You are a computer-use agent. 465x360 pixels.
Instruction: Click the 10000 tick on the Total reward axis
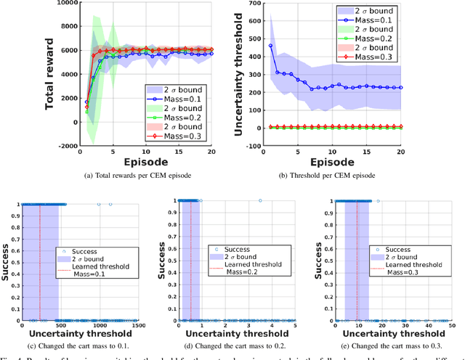point(49,4)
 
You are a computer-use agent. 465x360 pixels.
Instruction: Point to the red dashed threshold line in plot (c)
point(40,261)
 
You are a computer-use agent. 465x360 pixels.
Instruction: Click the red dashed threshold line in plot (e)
point(357,261)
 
